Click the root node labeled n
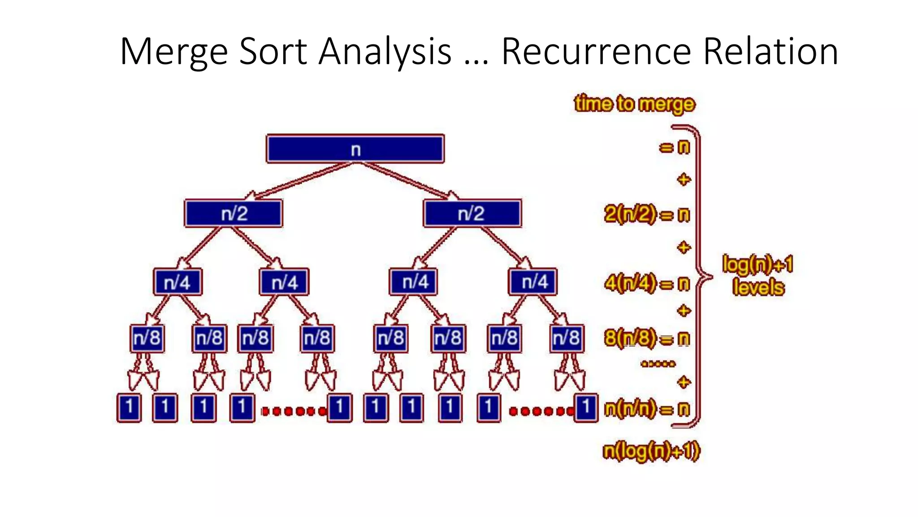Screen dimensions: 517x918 [355, 149]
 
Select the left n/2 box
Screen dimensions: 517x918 [234, 213]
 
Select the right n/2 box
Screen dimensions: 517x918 [472, 213]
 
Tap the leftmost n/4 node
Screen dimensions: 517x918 [178, 282]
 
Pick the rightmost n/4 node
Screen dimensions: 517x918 [533, 282]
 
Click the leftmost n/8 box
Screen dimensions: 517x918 [147, 337]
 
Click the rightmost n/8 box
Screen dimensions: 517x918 [567, 337]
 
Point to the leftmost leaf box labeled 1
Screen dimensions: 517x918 [129, 407]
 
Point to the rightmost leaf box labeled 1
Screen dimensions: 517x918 [585, 407]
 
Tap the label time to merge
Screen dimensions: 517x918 [634, 104]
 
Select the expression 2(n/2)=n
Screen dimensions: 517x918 [646, 215]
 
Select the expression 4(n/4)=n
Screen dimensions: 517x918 [646, 283]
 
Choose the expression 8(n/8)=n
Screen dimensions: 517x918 [646, 338]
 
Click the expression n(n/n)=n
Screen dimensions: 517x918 [646, 409]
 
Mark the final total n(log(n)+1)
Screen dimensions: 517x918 [651, 451]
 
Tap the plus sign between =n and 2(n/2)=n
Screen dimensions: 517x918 [684, 180]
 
